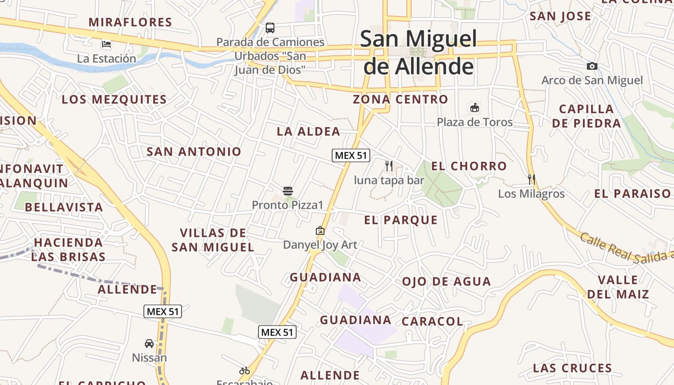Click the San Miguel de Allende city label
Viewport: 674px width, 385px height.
click(x=418, y=52)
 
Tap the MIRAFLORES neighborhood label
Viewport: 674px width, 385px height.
click(x=130, y=22)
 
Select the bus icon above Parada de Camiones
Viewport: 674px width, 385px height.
click(x=270, y=28)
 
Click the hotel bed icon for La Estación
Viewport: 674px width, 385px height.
click(x=106, y=45)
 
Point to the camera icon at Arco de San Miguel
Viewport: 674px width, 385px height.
click(x=592, y=66)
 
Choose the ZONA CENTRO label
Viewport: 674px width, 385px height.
click(x=401, y=100)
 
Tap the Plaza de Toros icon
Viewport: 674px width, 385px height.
click(x=475, y=107)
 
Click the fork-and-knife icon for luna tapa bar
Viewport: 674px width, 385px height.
click(x=389, y=166)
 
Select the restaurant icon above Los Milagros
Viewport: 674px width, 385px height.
click(x=531, y=180)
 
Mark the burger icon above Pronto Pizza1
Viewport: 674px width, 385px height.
click(x=288, y=191)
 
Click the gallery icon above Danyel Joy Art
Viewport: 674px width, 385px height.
click(x=320, y=231)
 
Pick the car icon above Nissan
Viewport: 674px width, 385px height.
click(x=149, y=344)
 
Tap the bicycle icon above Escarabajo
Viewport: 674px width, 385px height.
click(x=245, y=371)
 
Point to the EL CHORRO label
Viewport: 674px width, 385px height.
click(x=468, y=167)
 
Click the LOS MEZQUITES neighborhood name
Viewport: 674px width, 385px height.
click(x=114, y=100)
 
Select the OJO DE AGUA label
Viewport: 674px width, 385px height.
click(x=446, y=282)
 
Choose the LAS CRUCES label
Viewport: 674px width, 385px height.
click(x=572, y=369)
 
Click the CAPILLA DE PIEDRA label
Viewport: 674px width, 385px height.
click(x=586, y=116)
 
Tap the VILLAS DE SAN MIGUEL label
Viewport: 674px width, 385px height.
click(x=213, y=240)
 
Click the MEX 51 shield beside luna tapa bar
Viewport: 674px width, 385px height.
click(x=350, y=155)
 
